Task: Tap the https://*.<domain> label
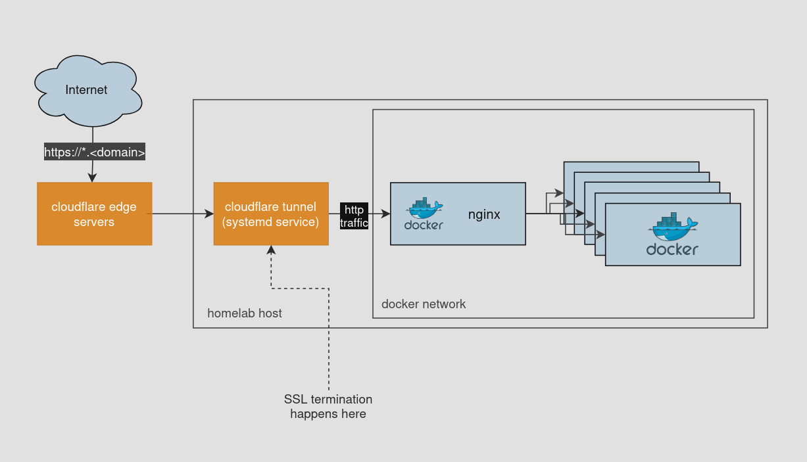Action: tap(95, 152)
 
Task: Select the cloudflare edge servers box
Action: tap(95, 214)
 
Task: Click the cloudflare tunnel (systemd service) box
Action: tap(271, 214)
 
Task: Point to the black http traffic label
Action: tap(354, 216)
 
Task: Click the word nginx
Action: tap(484, 214)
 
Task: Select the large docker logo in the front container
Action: tap(672, 235)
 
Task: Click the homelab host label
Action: tap(245, 313)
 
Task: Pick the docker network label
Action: tap(424, 304)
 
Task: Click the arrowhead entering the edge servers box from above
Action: tap(92, 177)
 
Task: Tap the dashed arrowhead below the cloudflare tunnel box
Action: tap(271, 250)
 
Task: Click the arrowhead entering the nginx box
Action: tap(386, 214)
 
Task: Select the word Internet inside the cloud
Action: tap(86, 90)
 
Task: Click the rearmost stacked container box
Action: tap(631, 167)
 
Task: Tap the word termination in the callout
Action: tap(341, 400)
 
